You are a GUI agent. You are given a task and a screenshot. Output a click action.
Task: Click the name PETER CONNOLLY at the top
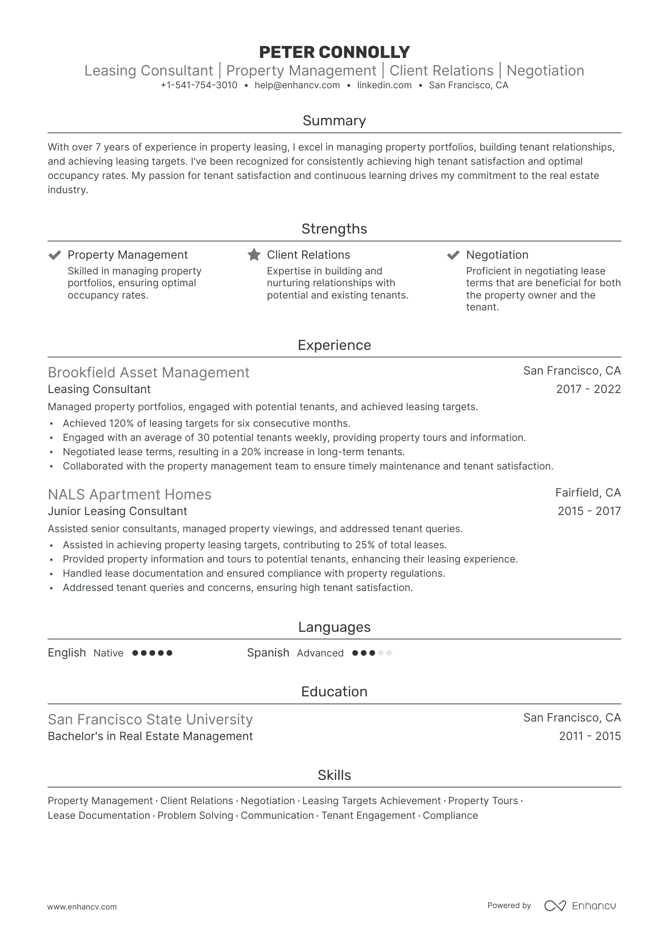(x=334, y=52)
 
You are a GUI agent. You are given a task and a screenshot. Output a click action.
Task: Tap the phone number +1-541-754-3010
(x=199, y=85)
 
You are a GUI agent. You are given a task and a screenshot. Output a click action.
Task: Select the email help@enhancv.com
(x=297, y=85)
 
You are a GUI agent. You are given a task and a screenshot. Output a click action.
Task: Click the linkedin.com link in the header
(x=384, y=85)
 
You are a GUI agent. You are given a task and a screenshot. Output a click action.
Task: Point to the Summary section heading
(x=334, y=121)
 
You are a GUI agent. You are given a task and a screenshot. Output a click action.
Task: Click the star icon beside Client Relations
(x=254, y=255)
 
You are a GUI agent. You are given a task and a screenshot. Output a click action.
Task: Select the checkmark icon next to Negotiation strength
(x=453, y=255)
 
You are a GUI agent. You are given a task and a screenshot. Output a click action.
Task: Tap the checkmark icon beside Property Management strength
(x=55, y=255)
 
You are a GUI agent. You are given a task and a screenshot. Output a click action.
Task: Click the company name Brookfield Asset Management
(x=149, y=373)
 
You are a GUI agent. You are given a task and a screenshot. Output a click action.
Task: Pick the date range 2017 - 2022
(x=588, y=389)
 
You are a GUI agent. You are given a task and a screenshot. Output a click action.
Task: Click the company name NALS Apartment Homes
(x=130, y=495)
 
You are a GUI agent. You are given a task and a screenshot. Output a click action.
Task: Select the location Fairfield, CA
(x=588, y=493)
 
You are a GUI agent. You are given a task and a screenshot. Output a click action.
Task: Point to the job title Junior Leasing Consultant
(x=117, y=511)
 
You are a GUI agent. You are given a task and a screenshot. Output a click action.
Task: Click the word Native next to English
(x=108, y=653)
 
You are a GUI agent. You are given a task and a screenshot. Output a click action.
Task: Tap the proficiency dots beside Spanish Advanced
(x=372, y=653)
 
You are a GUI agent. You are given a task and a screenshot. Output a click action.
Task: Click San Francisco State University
(x=150, y=720)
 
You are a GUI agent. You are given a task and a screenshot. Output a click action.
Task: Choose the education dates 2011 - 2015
(x=590, y=736)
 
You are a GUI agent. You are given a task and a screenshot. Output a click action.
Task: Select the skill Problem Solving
(x=195, y=816)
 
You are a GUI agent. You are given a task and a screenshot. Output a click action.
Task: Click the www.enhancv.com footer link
(x=82, y=907)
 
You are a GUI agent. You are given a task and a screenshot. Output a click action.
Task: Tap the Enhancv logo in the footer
(x=580, y=906)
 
